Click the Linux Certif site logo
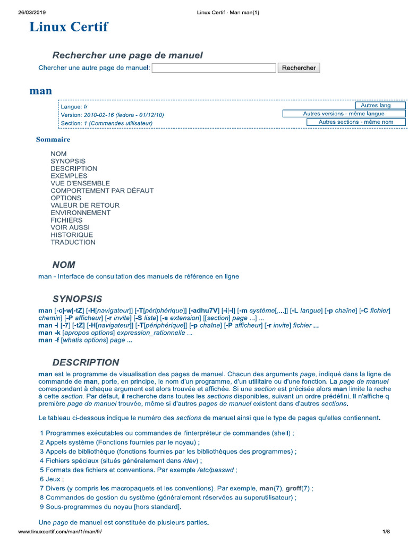tap(69, 27)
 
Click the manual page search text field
tap(214, 68)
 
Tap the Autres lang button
tap(376, 105)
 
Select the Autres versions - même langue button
tap(344, 114)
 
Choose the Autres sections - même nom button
tap(356, 122)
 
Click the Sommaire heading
tap(53, 140)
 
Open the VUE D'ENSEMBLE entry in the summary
tap(73, 183)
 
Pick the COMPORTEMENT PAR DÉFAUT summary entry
tap(102, 191)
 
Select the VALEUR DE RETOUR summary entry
tap(85, 205)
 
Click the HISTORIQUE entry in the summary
tap(72, 235)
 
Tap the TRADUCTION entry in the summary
tap(73, 242)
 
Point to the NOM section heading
tap(64, 265)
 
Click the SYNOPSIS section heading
tap(77, 299)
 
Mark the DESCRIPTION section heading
tap(86, 362)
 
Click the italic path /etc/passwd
tap(216, 470)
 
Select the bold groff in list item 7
tap(294, 488)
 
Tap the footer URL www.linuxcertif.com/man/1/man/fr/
tap(59, 532)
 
